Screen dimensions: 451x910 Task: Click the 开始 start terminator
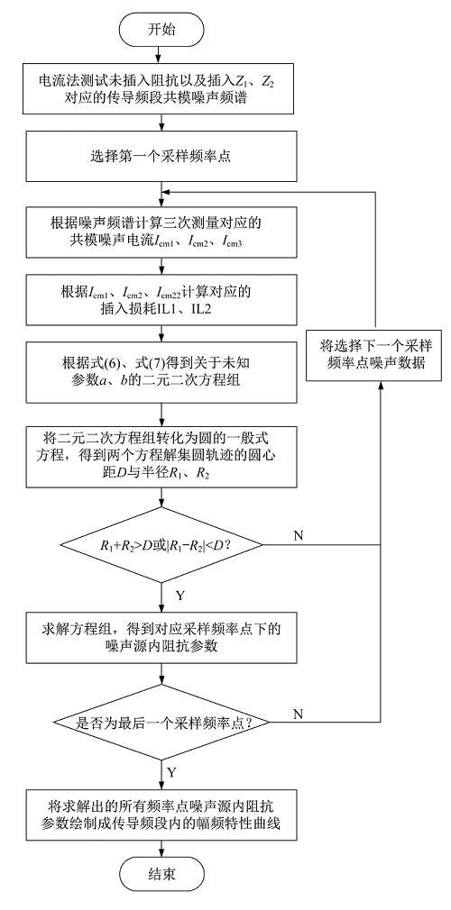[x=161, y=28]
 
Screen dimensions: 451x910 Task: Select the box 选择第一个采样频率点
[x=161, y=156]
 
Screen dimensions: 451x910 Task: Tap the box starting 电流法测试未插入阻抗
[x=161, y=89]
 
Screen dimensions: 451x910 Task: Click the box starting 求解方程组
[x=161, y=637]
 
